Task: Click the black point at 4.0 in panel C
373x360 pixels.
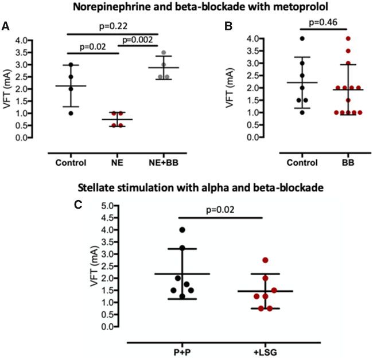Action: [182, 230]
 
